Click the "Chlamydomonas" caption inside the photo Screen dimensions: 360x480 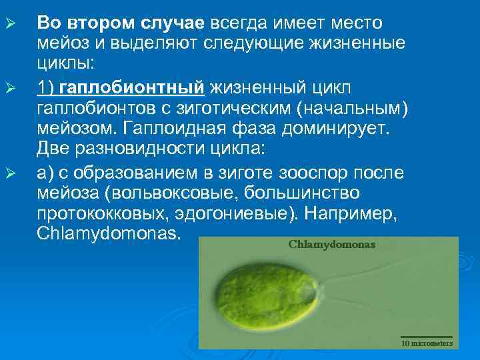331,245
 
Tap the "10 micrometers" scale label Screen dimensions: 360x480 427,343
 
